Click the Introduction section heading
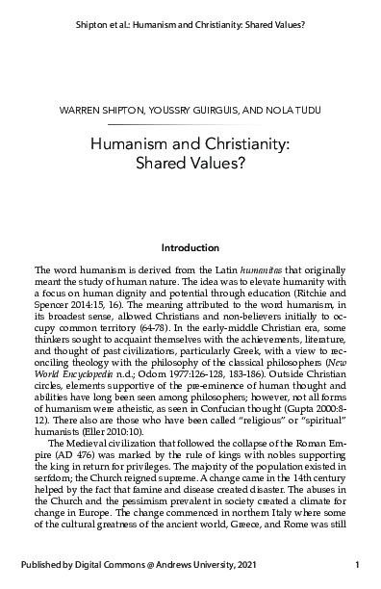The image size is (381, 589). tap(190, 247)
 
